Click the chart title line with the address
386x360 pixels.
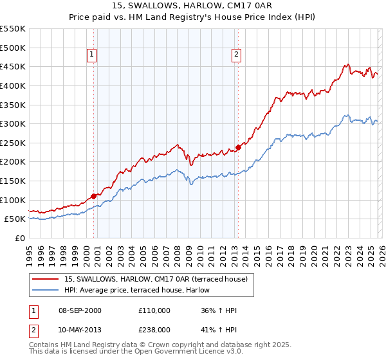pyautogui.click(x=192, y=6)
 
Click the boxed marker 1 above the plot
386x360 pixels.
pyautogui.click(x=93, y=55)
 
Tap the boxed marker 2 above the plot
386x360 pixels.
pyautogui.click(x=237, y=55)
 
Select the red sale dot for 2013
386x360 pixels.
pyautogui.click(x=238, y=147)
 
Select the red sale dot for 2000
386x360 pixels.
pyautogui.click(x=94, y=196)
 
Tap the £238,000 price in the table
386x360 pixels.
pyautogui.click(x=154, y=329)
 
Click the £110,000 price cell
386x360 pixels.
pyautogui.click(x=154, y=310)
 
